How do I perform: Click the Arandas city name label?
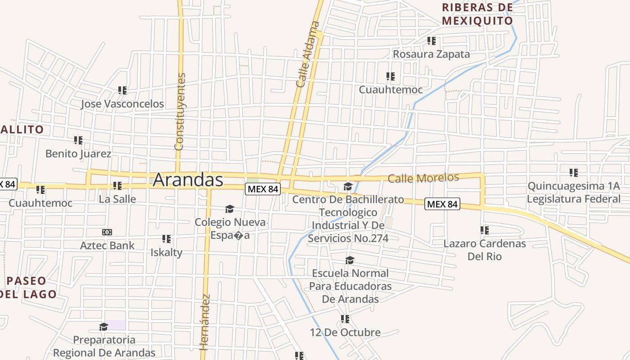tap(188, 180)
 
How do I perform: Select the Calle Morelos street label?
tap(423, 178)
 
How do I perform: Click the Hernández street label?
tap(205, 322)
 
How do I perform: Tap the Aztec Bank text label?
tap(107, 245)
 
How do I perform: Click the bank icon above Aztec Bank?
tap(107, 232)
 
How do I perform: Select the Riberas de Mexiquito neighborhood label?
tap(477, 14)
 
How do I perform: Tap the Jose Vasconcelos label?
tap(122, 104)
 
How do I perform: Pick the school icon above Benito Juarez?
tap(78, 140)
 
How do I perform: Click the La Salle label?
tap(117, 199)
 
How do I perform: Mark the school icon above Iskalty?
tap(166, 239)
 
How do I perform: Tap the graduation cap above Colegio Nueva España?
tap(229, 209)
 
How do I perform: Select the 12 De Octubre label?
tap(345, 333)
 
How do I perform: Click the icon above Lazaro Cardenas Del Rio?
tap(485, 230)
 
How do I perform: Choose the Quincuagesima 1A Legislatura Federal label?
tap(573, 193)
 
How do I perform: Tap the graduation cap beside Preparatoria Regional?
tap(104, 326)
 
